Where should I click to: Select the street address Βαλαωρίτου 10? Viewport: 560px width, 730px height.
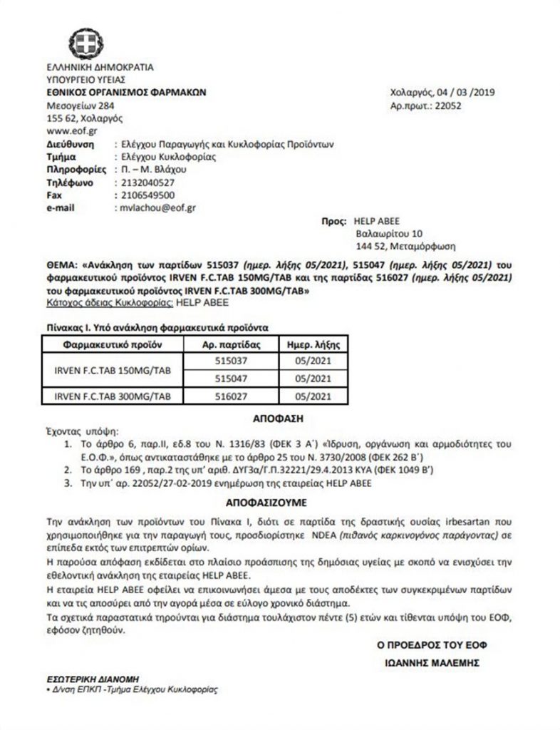coord(389,233)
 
